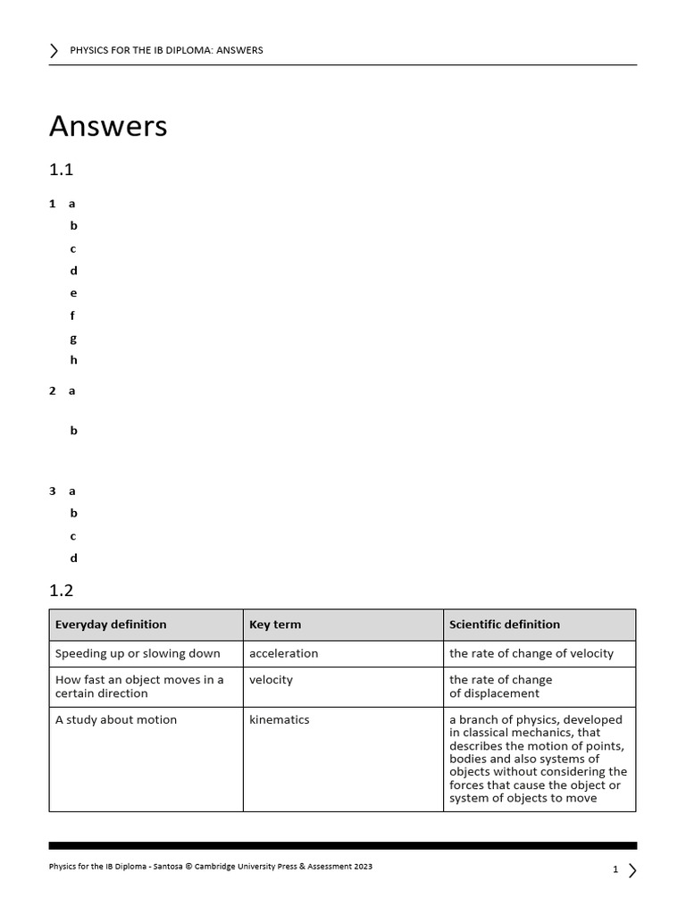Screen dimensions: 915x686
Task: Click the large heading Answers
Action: tap(108, 126)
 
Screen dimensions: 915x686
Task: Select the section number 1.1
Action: tap(61, 170)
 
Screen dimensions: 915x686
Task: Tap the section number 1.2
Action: tap(61, 590)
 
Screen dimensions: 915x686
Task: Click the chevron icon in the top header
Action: tap(54, 50)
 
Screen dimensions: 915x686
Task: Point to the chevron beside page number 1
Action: tap(632, 869)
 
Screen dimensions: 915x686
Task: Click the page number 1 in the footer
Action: tap(615, 869)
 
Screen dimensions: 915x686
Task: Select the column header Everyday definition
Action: tap(111, 625)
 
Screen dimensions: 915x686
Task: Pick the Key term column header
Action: tap(275, 625)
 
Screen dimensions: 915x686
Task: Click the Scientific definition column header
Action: tap(505, 625)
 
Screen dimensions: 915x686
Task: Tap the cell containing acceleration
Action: tap(284, 653)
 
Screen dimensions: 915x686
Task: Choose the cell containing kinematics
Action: tap(280, 719)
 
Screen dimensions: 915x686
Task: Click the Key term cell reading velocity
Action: tap(272, 680)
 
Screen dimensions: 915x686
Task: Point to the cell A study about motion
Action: tap(116, 719)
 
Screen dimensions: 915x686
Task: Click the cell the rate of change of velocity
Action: tap(531, 653)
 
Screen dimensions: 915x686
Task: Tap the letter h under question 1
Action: tap(73, 360)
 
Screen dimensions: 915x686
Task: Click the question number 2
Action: tap(53, 390)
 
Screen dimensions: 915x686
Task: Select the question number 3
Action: tap(53, 491)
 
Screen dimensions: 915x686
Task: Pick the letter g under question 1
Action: tap(73, 338)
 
